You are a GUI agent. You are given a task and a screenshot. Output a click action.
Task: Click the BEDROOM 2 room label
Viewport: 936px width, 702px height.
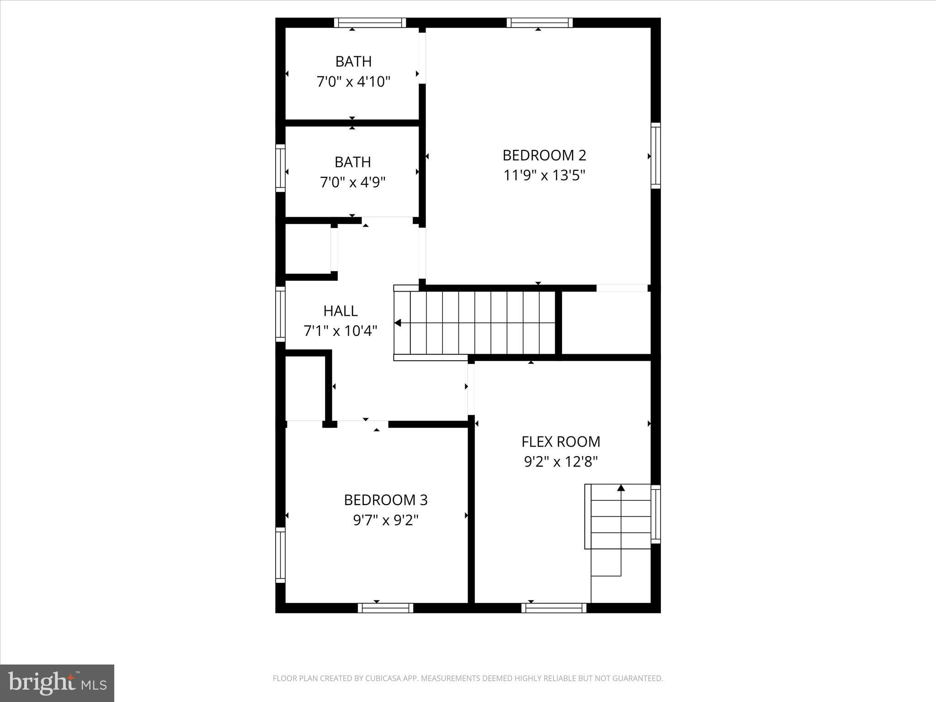(x=544, y=155)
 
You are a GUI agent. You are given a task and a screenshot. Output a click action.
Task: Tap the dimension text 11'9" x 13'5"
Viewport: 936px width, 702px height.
(x=544, y=175)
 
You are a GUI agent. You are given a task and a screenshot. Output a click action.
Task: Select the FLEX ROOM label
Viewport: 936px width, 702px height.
(x=561, y=441)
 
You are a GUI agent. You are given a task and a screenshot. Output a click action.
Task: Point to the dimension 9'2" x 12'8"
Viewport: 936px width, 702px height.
(x=561, y=462)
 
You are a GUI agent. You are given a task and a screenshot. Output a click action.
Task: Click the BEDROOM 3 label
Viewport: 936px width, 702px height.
(x=386, y=500)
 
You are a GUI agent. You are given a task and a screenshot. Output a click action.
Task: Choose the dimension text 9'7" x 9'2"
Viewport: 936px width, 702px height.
(x=386, y=520)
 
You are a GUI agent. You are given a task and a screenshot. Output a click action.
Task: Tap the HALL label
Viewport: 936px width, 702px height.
(x=340, y=311)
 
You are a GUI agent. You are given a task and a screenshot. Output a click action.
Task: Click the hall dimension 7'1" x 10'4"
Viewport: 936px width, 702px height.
(x=340, y=330)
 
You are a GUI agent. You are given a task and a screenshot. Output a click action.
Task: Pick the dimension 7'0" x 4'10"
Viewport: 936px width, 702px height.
(x=353, y=82)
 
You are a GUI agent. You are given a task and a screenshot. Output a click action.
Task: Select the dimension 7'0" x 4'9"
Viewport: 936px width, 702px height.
(x=353, y=182)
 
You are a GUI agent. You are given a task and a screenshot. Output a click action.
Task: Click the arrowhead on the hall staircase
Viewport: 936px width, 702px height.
(x=398, y=323)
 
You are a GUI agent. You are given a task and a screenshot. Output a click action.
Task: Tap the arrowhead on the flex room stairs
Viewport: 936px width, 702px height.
(x=621, y=488)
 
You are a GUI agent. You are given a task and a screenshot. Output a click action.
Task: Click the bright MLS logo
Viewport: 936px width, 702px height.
(x=57, y=683)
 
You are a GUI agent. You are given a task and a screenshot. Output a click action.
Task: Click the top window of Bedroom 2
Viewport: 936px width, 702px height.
(x=539, y=23)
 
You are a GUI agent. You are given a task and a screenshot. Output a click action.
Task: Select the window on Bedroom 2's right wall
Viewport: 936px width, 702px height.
(x=655, y=155)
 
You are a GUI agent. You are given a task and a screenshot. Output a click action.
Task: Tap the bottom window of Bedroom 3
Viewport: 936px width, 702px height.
(x=385, y=608)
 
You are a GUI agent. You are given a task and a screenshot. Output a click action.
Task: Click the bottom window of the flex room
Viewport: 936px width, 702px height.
(x=554, y=608)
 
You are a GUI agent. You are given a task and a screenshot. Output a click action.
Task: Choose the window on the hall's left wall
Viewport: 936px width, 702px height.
(x=280, y=314)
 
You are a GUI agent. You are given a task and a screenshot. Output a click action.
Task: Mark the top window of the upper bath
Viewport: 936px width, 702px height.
(x=370, y=23)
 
